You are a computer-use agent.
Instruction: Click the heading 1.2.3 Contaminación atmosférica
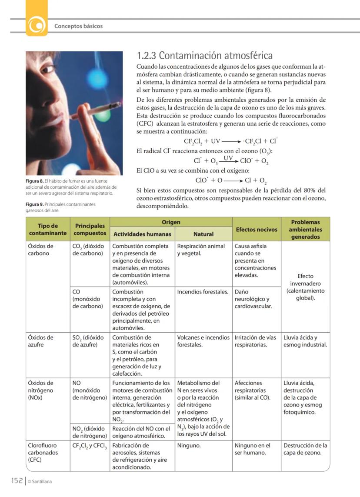(204, 56)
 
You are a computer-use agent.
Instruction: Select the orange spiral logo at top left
(37, 26)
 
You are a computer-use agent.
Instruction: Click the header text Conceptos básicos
(78, 26)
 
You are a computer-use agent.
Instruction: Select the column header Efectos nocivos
(256, 229)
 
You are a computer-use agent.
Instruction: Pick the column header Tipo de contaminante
(48, 229)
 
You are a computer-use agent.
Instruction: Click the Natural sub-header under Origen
(203, 234)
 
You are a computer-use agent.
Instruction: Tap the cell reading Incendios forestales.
(203, 292)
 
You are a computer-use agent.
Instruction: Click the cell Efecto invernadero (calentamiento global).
(305, 287)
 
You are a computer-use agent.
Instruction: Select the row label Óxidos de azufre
(41, 341)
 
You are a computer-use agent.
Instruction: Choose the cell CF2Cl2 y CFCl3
(90, 445)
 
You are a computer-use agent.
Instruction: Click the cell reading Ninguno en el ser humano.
(252, 449)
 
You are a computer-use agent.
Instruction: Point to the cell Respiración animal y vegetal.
(201, 250)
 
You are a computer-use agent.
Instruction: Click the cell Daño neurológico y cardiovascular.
(252, 299)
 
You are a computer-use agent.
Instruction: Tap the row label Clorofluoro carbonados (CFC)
(42, 452)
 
